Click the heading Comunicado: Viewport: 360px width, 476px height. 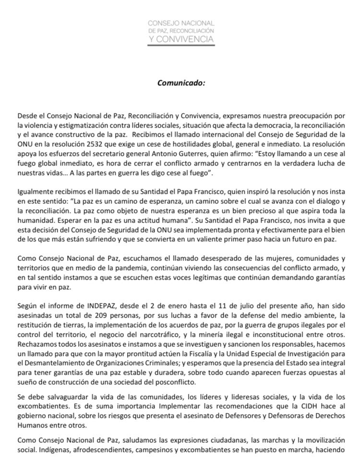[180, 82]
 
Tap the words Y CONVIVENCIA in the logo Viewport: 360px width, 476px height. [180, 39]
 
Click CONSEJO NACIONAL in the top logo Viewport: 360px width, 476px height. [181, 23]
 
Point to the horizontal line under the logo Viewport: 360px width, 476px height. [180, 47]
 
